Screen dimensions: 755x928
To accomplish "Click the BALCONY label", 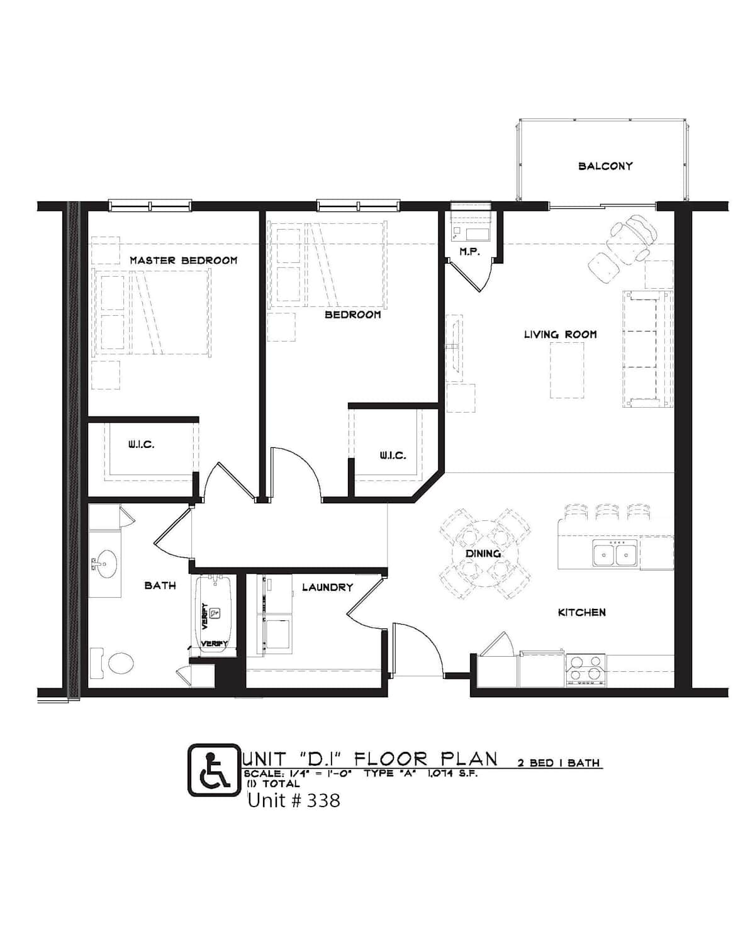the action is click(x=605, y=166).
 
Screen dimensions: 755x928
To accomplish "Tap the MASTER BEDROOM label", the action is click(x=184, y=260).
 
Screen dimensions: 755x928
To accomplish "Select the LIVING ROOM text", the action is click(x=560, y=335).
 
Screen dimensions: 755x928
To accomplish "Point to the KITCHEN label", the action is click(x=581, y=613).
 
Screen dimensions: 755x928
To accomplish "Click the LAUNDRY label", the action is click(x=327, y=587).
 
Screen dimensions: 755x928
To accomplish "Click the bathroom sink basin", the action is click(x=106, y=564).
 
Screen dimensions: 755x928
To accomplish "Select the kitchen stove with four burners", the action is click(x=586, y=670).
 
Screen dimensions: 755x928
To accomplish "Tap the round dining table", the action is click(x=485, y=553).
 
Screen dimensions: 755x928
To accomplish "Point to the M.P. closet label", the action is click(x=469, y=252).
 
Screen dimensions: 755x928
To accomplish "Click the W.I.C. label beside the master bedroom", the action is click(x=141, y=445).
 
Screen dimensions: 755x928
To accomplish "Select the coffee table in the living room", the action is click(x=567, y=370).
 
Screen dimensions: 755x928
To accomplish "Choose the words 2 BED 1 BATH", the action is click(x=558, y=763).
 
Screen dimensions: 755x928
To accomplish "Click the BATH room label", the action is click(x=160, y=586).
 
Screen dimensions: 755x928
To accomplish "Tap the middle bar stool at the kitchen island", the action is click(x=607, y=512).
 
